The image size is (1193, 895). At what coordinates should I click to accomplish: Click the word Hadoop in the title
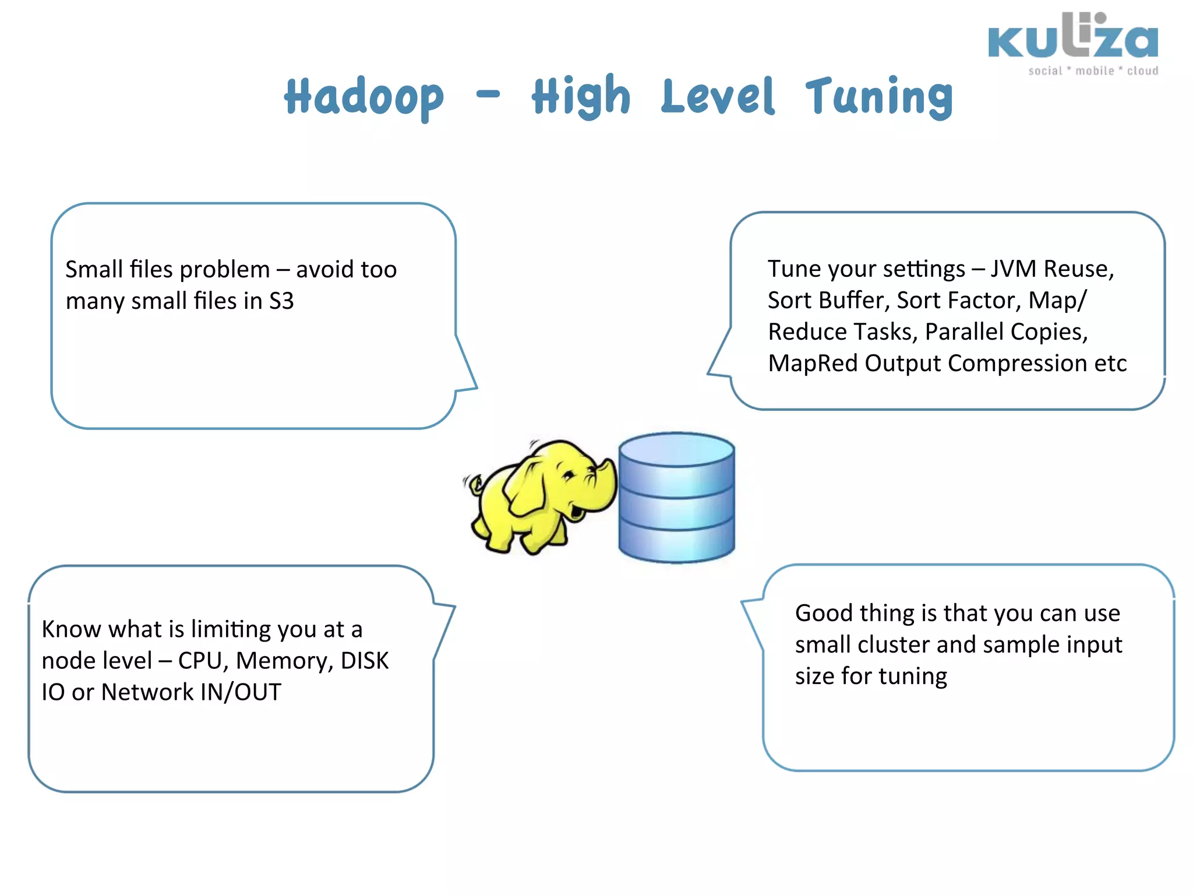pos(364,97)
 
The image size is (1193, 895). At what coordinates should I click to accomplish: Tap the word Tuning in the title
pos(879,97)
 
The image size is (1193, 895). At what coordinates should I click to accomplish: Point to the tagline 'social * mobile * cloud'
pos(1093,71)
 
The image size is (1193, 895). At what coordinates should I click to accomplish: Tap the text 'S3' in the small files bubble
pos(281,301)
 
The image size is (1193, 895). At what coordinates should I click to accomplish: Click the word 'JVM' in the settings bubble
pos(1014,269)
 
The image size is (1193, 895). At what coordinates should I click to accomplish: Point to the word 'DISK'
pos(365,661)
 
